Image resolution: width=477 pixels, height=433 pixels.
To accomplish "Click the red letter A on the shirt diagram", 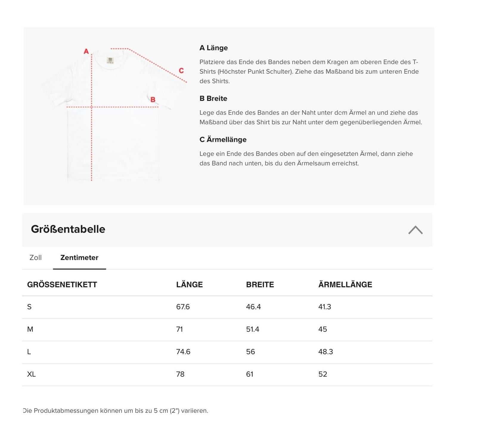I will coord(86,51).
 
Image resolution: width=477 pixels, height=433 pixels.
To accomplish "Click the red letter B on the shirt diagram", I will coord(153,100).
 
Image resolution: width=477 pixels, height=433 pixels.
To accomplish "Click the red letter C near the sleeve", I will coord(181,71).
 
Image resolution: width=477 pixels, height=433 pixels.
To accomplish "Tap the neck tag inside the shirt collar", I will coord(110,60).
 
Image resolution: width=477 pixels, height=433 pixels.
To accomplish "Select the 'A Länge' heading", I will coord(213,48).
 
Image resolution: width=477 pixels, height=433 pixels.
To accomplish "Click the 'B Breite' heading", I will coord(213,98).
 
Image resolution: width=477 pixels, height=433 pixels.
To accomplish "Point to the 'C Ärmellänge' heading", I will coord(223,140).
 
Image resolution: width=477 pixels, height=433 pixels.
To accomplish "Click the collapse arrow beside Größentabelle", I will coord(415,230).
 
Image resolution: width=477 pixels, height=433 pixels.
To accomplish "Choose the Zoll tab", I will coord(35,258).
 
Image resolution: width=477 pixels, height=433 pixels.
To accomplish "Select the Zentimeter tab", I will coord(79,258).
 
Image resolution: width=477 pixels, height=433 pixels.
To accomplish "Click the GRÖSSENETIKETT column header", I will coord(62,284).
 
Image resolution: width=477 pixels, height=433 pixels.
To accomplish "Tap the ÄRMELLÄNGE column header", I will coord(345,284).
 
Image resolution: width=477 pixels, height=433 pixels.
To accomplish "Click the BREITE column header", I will coord(260,284).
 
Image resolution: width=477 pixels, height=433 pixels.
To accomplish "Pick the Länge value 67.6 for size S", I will coord(183,307).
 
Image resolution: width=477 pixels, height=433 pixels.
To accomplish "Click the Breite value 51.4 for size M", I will coord(253,329).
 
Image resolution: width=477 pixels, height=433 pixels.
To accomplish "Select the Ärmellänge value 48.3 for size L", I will coord(325,352).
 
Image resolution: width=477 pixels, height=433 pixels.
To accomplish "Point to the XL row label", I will coord(31,374).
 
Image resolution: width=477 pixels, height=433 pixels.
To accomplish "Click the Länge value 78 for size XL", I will coord(180,374).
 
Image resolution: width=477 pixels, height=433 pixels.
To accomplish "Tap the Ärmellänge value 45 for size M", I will coord(323,329).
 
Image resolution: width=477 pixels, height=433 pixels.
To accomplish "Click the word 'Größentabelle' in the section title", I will coord(68,229).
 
